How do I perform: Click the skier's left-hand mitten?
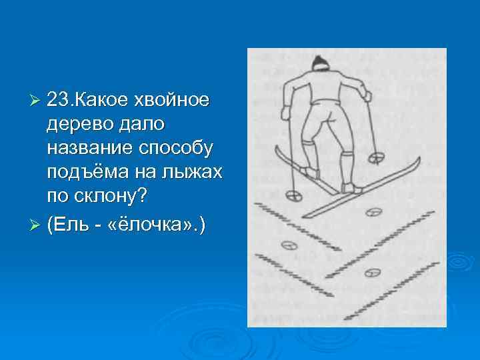(x=285, y=112)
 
